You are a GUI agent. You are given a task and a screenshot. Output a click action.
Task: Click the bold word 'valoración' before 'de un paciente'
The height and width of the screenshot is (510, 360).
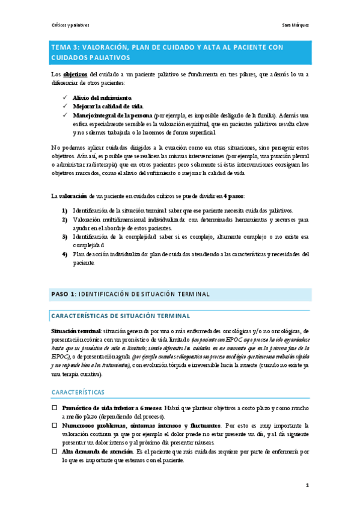(x=72, y=196)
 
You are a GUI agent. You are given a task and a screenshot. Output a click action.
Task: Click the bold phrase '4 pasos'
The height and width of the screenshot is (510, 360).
(x=233, y=196)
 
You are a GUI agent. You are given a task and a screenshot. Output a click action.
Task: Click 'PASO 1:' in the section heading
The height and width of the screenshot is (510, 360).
(x=63, y=294)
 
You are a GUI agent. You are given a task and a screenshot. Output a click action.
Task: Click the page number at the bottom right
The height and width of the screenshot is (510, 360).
(x=307, y=485)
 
